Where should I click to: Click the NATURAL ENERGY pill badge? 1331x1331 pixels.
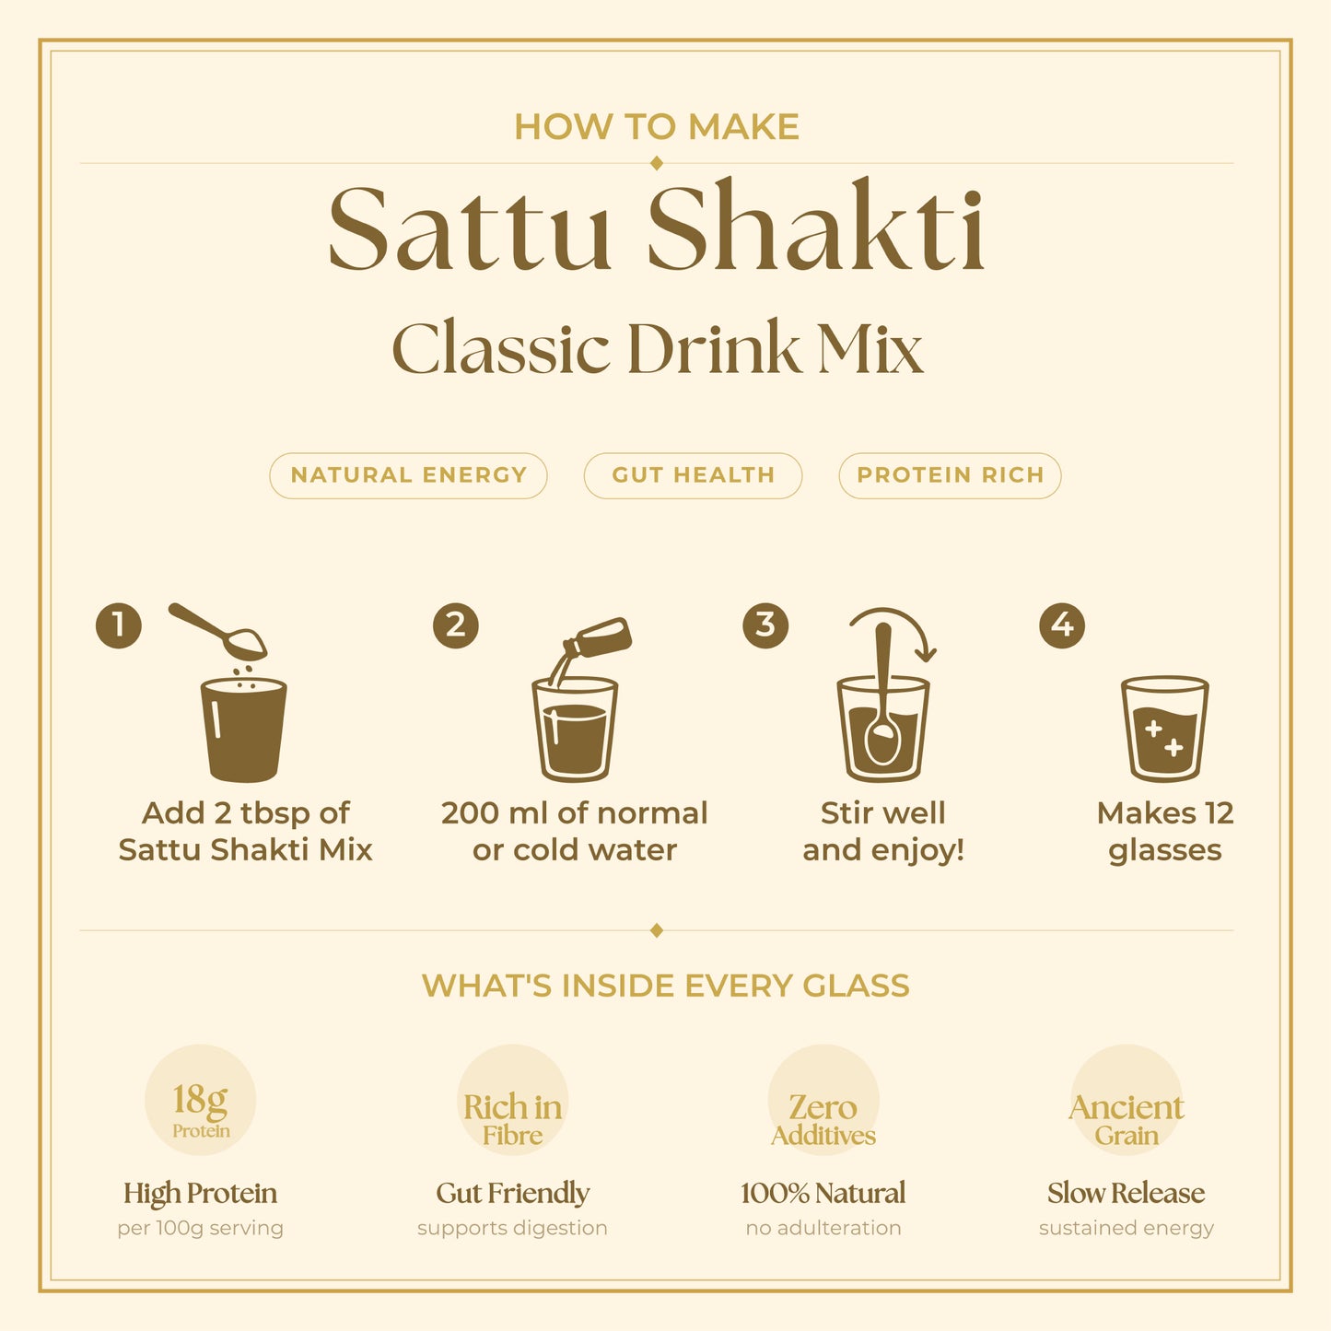408,475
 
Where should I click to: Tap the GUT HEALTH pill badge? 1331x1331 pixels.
693,475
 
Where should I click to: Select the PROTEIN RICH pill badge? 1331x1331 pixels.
950,475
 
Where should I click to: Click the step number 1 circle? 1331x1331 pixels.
119,625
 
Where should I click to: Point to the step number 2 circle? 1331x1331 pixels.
456,625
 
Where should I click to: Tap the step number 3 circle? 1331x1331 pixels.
765,625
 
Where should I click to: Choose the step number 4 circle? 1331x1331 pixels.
1062,625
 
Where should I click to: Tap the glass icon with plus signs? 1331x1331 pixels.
1164,729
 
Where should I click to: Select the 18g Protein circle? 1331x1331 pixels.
200,1100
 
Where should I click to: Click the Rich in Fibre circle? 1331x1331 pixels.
512,1100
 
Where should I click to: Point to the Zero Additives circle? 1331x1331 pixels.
823,1100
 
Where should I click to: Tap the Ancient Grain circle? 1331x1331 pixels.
1126,1100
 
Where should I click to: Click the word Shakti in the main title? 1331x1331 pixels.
816,228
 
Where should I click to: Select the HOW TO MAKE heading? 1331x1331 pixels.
656,127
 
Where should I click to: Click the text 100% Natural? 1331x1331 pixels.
823,1193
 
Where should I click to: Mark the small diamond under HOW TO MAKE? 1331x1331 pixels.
657,163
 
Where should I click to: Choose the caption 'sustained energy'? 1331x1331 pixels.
1126,1228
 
